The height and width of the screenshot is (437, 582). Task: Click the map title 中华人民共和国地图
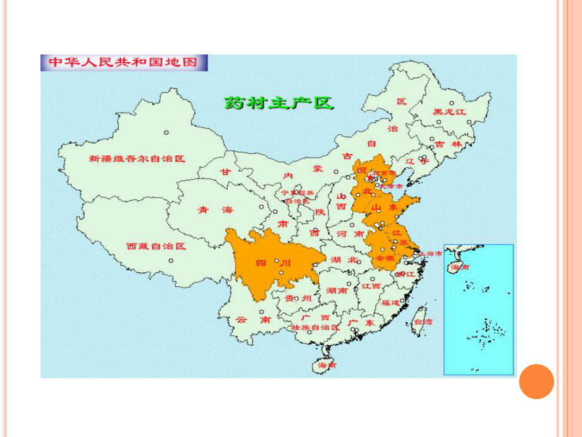tap(124, 63)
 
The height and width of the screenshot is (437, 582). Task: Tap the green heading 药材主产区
tap(278, 103)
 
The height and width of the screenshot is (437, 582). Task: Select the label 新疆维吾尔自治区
tap(137, 158)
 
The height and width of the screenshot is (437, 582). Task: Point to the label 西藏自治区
tap(155, 246)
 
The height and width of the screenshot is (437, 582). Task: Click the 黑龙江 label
tap(449, 112)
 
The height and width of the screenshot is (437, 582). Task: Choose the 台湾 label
tap(423, 322)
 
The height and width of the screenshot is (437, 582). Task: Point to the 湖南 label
tap(336, 291)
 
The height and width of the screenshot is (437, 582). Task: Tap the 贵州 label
tap(297, 298)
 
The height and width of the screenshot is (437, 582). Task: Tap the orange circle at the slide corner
tap(536, 381)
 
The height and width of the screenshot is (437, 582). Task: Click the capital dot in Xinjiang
tap(166, 132)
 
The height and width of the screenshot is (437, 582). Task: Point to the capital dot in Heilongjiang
tap(452, 103)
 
